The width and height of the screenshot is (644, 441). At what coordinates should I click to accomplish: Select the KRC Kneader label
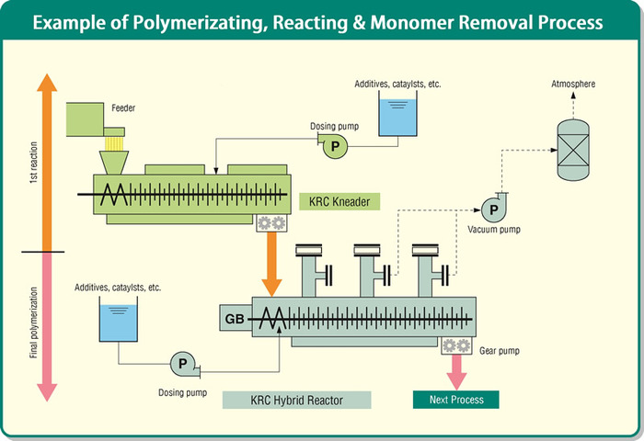[x=339, y=201]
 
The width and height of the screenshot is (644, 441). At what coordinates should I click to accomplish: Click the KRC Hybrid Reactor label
[x=296, y=400]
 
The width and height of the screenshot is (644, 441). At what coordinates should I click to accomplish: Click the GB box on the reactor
[x=236, y=319]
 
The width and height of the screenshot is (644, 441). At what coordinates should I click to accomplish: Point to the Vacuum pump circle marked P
[x=494, y=209]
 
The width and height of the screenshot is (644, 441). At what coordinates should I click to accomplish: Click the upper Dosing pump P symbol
[x=334, y=145]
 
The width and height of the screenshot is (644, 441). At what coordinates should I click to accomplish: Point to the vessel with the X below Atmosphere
[x=572, y=146]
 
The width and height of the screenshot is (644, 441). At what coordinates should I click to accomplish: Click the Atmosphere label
[x=572, y=85]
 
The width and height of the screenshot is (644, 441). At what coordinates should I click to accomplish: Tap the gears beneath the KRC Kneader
[x=271, y=224]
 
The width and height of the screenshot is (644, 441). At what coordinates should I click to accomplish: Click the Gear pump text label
[x=501, y=350]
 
